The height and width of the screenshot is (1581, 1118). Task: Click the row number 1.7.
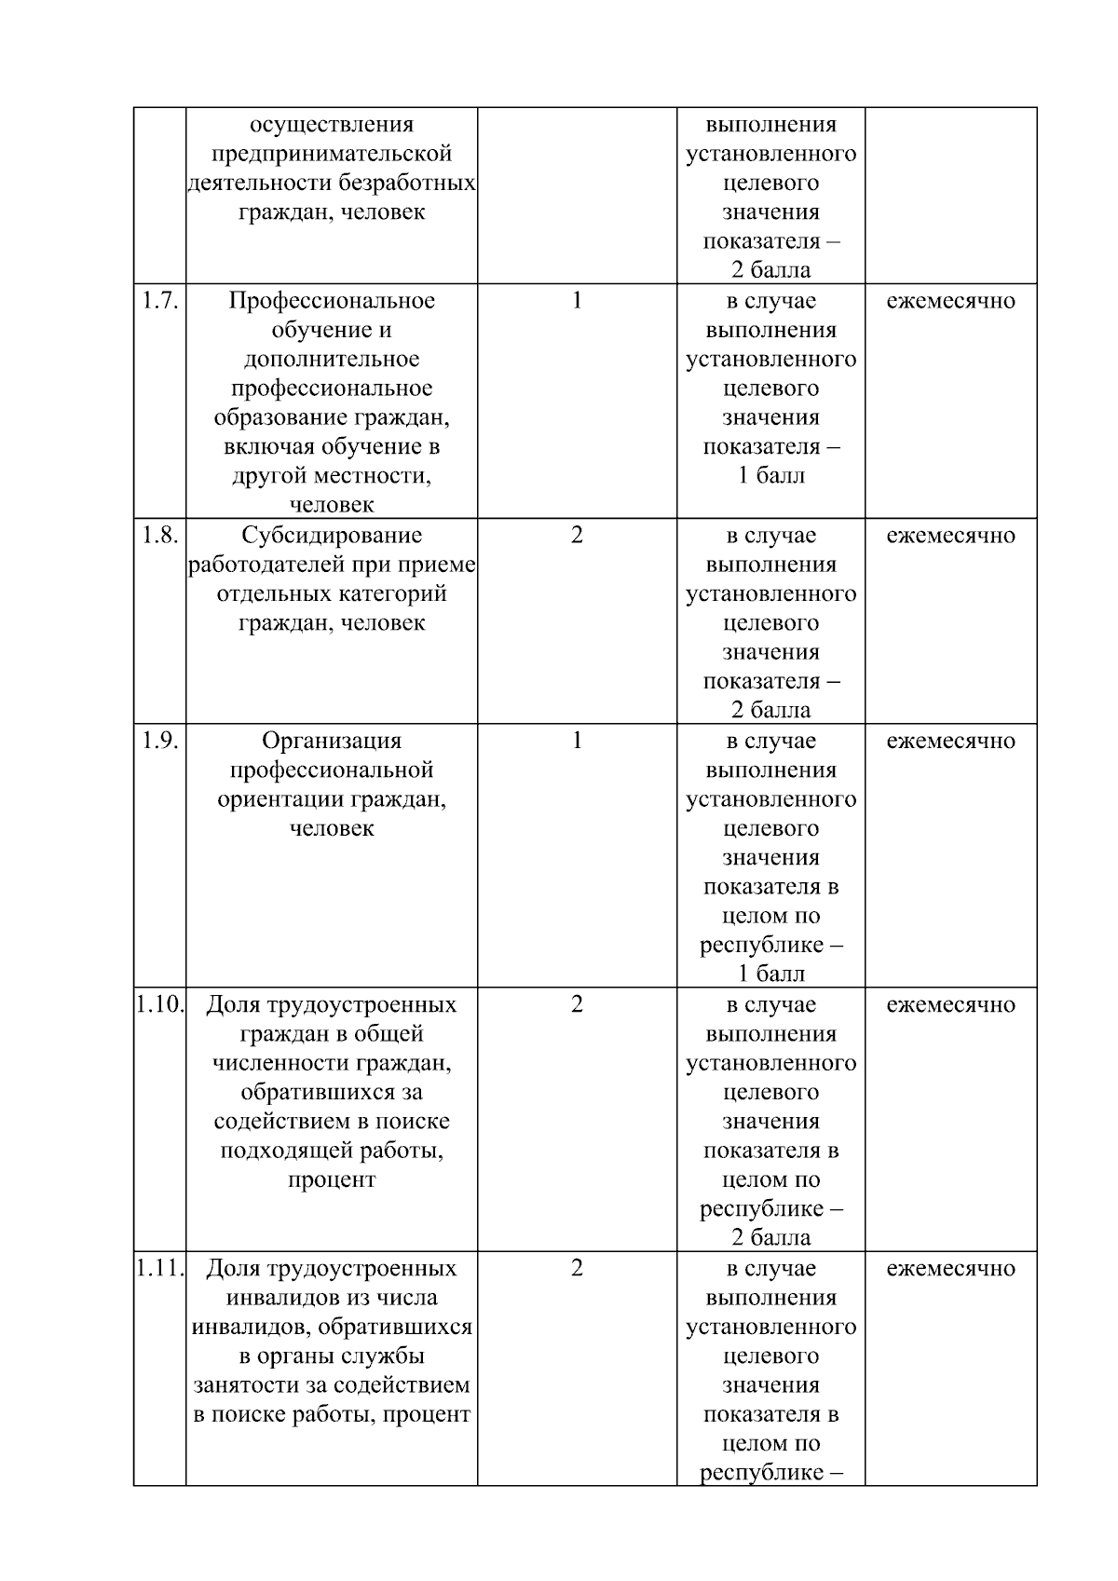pyautogui.click(x=159, y=301)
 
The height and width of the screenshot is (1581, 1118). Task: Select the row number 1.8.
pyautogui.click(x=159, y=536)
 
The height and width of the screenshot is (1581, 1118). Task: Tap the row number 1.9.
pyautogui.click(x=159, y=742)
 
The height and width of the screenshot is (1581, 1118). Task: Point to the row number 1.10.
pyautogui.click(x=159, y=1005)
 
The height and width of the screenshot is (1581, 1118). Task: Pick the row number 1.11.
pyautogui.click(x=159, y=1269)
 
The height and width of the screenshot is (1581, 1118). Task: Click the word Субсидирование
pyautogui.click(x=332, y=536)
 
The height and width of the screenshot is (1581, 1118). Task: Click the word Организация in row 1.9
pyautogui.click(x=332, y=742)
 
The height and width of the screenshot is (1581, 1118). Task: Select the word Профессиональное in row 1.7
pyautogui.click(x=332, y=301)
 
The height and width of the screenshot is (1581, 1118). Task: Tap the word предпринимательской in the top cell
pyautogui.click(x=332, y=154)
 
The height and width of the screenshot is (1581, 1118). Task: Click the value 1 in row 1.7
pyautogui.click(x=577, y=301)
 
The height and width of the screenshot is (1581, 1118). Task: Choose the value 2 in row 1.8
pyautogui.click(x=577, y=536)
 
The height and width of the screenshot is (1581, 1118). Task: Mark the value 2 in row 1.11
pyautogui.click(x=577, y=1269)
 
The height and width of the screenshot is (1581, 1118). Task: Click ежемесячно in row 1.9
pyautogui.click(x=950, y=742)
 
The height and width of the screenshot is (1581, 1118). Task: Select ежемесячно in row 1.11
pyautogui.click(x=950, y=1269)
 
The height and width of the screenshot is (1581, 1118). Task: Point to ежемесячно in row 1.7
pyautogui.click(x=950, y=301)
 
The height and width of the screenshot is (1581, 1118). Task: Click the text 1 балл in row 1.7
pyautogui.click(x=770, y=476)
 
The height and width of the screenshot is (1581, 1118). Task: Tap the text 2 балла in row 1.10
pyautogui.click(x=770, y=1238)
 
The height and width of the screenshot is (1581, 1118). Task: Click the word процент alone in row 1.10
pyautogui.click(x=332, y=1180)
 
